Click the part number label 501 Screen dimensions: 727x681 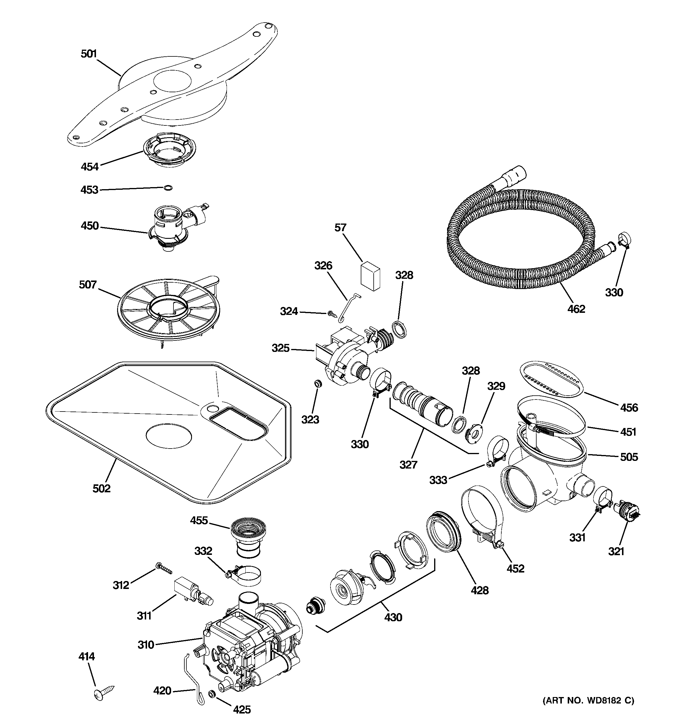88,54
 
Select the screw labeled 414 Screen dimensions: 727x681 103,691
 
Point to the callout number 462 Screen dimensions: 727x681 576,309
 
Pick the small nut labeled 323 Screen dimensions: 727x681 318,383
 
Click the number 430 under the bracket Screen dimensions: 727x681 393,617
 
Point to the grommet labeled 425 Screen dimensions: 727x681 211,694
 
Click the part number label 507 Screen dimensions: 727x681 88,285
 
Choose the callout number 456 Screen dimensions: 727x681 629,407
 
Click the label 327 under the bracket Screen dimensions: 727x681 408,464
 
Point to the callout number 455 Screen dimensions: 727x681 199,521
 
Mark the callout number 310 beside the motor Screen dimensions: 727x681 146,645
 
